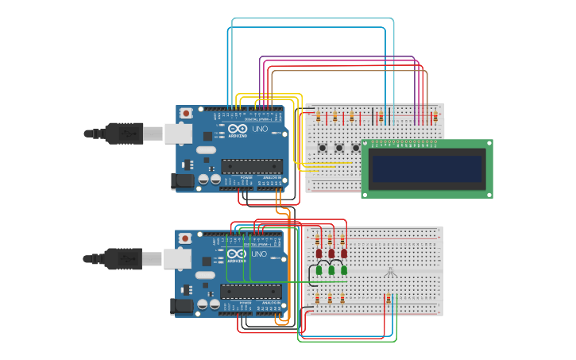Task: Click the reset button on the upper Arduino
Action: [x=186, y=114]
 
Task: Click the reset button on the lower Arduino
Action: [x=185, y=238]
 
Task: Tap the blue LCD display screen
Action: [x=426, y=168]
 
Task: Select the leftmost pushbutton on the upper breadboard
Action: [x=324, y=148]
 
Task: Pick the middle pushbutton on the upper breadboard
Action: [x=339, y=148]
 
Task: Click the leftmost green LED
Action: [x=319, y=270]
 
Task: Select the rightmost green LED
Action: [x=344, y=270]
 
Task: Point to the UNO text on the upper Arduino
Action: [x=260, y=129]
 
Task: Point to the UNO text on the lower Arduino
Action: [x=259, y=254]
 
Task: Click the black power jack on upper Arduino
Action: [x=183, y=181]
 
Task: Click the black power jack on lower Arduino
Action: [x=183, y=305]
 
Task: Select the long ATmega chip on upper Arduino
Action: [x=251, y=166]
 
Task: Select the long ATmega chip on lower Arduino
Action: [x=251, y=291]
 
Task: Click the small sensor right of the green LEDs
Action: [x=390, y=273]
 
